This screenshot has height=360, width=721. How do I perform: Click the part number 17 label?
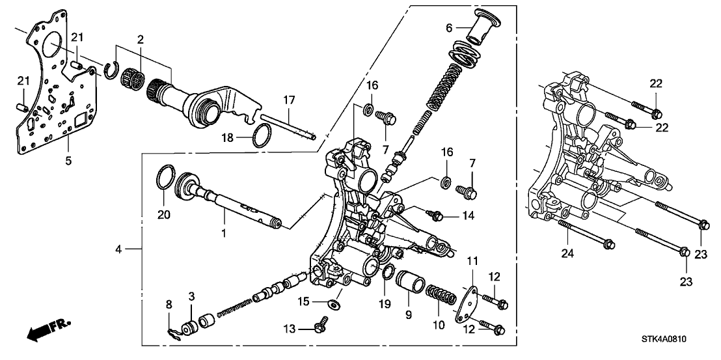click(x=289, y=100)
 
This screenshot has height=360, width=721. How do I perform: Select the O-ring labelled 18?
click(x=262, y=136)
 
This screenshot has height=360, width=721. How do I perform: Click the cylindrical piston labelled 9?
click(x=409, y=281)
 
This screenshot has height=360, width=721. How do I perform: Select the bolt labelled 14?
click(x=436, y=214)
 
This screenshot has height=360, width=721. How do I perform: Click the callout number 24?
click(x=567, y=252)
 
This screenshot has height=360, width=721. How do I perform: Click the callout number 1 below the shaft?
click(x=224, y=234)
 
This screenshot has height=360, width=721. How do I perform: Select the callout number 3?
click(x=191, y=295)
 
